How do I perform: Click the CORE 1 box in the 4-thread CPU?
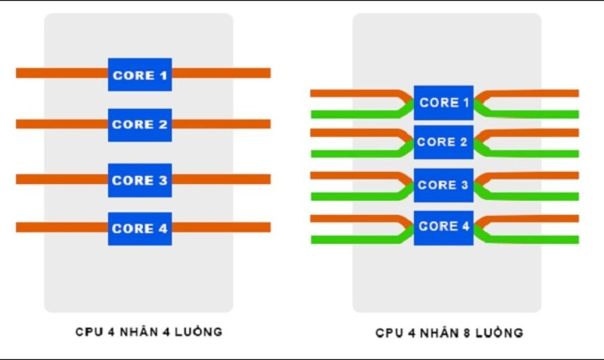point(140,75)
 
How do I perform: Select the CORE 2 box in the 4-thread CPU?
point(140,125)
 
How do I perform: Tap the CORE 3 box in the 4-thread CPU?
point(140,180)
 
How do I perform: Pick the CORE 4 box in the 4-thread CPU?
point(140,228)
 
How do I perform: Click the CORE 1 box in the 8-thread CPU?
point(444,103)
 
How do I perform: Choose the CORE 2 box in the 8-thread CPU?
point(444,142)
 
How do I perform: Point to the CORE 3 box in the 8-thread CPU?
point(444,185)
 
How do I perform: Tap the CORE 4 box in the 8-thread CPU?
point(444,227)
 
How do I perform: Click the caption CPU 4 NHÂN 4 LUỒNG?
point(148,332)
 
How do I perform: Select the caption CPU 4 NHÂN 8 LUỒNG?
point(449,332)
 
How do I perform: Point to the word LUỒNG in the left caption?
point(200,332)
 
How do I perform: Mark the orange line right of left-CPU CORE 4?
point(221,228)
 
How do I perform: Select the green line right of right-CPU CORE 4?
point(537,240)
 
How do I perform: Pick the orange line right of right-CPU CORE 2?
point(537,132)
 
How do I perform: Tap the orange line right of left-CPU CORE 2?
point(221,124)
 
